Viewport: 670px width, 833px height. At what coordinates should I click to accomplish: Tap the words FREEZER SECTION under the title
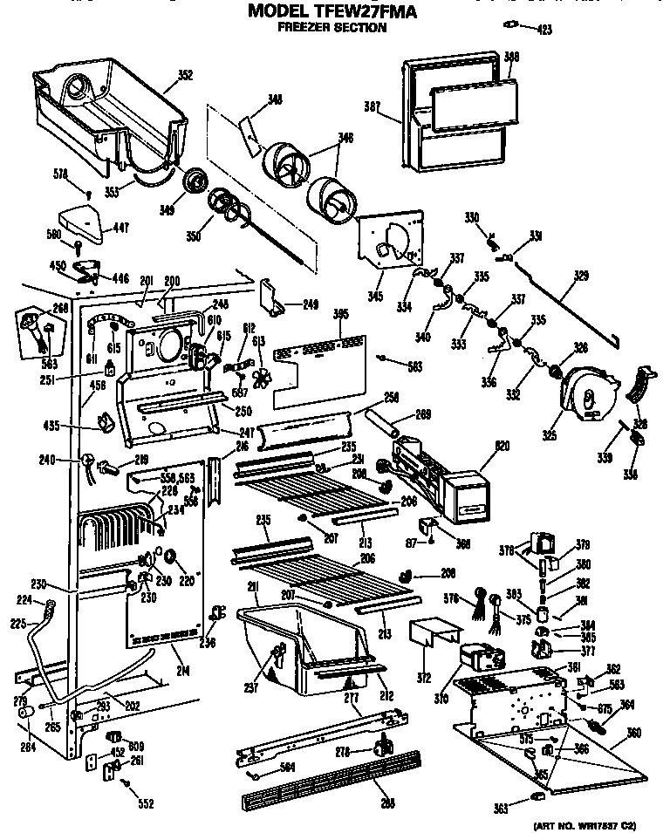click(x=332, y=28)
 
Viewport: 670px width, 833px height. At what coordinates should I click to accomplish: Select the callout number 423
click(x=544, y=31)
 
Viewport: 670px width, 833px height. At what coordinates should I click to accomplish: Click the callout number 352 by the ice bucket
click(x=185, y=75)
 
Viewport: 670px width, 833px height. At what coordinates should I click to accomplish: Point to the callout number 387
click(x=373, y=106)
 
